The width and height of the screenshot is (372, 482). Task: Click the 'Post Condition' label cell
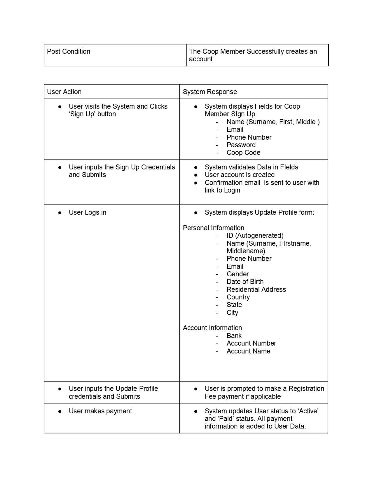pos(69,52)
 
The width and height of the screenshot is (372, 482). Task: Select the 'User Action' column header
pos(64,92)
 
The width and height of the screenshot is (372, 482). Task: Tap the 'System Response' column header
pos(210,92)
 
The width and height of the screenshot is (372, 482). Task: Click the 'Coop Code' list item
pos(243,153)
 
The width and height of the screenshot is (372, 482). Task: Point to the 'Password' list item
pos(241,145)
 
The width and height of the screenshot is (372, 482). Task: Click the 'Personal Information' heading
pos(213,228)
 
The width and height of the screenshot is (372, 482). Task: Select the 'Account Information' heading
pos(212,328)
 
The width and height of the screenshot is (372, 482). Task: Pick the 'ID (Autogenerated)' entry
pos(255,235)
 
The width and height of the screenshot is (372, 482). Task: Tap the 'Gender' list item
pos(237,274)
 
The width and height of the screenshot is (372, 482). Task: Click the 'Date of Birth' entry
pos(245,282)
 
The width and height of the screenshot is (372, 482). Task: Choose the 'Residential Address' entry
pos(256,289)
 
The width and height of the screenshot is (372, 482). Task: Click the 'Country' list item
pos(238,297)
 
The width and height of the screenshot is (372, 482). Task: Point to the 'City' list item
pos(232,313)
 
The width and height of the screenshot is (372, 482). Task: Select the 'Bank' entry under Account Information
pos(234,336)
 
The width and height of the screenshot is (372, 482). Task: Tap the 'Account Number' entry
pos(251,343)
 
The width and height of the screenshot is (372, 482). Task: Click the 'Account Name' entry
pos(248,351)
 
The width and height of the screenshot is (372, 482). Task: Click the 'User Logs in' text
pos(88,212)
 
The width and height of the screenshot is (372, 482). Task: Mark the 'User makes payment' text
pos(100,411)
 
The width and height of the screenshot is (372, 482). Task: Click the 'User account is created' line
pos(240,175)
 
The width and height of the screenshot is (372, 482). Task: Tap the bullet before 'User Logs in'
pos(60,213)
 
